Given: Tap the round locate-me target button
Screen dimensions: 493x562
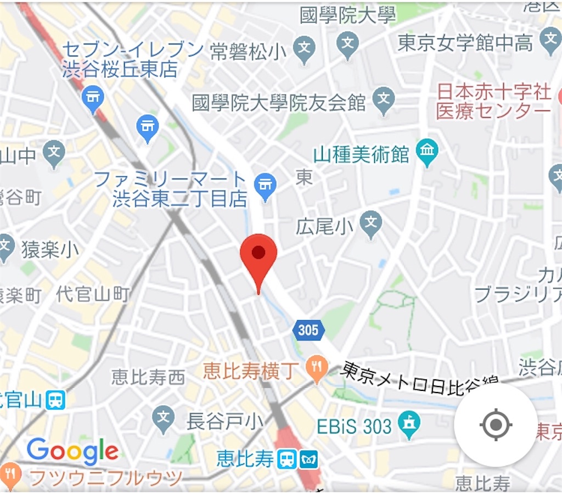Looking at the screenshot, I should [x=496, y=424].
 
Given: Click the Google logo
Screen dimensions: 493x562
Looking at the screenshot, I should [x=72, y=451].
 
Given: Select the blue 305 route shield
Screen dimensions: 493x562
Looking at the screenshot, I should [x=308, y=330].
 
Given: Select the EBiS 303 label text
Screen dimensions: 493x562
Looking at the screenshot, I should [x=355, y=426].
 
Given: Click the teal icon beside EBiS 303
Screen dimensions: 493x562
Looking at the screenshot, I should [x=409, y=423].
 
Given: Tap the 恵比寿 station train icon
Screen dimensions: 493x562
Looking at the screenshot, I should [x=285, y=459].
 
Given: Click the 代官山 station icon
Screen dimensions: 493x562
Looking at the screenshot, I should [x=55, y=400].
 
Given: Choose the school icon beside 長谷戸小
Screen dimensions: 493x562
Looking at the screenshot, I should [x=163, y=416].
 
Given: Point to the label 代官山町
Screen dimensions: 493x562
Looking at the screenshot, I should [x=93, y=294].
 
